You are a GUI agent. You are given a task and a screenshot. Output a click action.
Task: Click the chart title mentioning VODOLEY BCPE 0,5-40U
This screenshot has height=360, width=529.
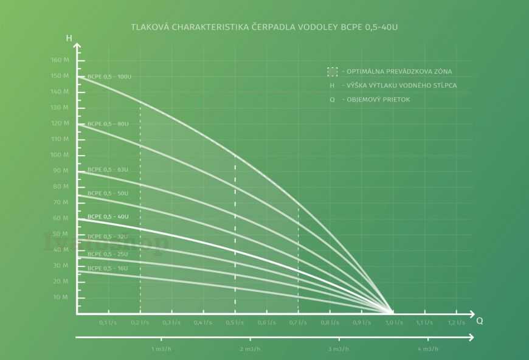(264, 27)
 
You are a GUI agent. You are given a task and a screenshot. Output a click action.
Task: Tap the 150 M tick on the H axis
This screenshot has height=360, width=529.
(60, 76)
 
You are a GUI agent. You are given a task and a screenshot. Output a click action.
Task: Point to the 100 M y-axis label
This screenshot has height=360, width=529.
(60, 155)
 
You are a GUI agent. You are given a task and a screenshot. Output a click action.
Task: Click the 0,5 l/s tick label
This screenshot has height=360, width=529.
(235, 322)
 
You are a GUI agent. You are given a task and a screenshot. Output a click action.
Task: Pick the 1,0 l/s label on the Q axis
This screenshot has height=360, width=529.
(393, 322)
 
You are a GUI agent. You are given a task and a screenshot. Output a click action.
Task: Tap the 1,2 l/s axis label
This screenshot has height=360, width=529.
(457, 322)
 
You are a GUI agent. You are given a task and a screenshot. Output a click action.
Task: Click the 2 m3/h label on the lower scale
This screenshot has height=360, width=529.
(250, 349)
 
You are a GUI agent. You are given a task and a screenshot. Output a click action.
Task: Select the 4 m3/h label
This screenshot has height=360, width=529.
(428, 349)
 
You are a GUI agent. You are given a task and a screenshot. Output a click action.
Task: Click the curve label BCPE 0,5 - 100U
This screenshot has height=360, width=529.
(109, 77)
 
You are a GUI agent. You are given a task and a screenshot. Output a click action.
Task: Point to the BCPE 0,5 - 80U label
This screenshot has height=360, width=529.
(108, 124)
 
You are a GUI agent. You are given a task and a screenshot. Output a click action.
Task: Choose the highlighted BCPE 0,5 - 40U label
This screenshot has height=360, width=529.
(108, 216)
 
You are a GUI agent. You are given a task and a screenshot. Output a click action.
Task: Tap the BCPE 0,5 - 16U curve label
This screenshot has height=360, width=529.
(108, 268)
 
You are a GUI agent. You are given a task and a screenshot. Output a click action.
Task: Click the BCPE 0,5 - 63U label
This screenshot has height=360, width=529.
(108, 170)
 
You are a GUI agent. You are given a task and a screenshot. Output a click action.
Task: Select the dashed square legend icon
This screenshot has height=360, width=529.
(332, 72)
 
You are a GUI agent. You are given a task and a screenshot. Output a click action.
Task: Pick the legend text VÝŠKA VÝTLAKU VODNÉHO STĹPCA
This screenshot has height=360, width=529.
(399, 86)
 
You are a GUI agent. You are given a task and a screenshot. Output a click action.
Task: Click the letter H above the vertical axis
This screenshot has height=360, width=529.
(69, 38)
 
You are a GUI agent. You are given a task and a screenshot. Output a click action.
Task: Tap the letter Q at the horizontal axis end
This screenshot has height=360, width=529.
(479, 320)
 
